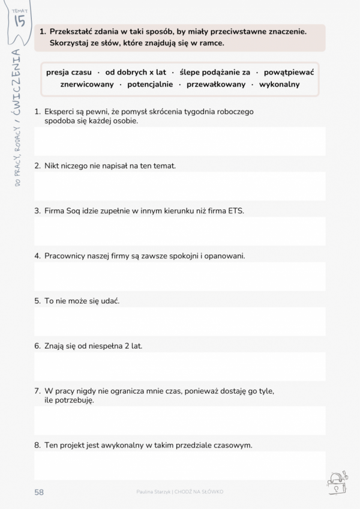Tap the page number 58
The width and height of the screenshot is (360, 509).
(x=39, y=492)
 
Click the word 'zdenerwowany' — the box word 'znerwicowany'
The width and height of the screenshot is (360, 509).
(x=86, y=85)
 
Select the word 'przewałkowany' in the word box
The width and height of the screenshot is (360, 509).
(x=216, y=85)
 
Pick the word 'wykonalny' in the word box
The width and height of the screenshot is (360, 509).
(x=279, y=85)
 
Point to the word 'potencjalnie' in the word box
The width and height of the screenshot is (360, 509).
(x=150, y=85)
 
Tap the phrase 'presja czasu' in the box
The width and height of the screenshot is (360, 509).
(x=69, y=72)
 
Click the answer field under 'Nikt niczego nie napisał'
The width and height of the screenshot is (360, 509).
(x=179, y=186)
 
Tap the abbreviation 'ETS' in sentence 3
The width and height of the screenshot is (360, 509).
(x=236, y=211)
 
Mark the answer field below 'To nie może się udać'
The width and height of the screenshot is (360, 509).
(x=179, y=321)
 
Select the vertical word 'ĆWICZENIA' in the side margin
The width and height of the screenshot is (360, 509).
(x=17, y=84)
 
